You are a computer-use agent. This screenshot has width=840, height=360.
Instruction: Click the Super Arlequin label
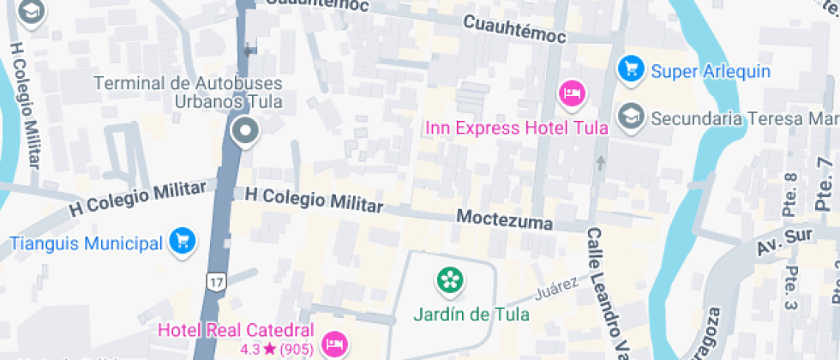[711, 71]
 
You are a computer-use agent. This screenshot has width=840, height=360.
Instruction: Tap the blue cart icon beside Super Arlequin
[631, 69]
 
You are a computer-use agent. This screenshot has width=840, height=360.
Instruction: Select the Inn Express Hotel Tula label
[517, 129]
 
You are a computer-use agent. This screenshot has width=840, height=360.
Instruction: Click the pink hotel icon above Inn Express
[572, 93]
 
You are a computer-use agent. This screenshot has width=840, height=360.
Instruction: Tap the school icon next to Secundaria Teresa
[632, 117]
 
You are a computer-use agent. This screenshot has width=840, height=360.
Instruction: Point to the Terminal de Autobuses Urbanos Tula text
[188, 93]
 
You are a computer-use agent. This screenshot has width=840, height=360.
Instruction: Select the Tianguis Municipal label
[86, 243]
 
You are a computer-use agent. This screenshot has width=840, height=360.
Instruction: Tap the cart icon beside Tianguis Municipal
[182, 241]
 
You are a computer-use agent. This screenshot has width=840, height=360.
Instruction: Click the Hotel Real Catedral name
[237, 330]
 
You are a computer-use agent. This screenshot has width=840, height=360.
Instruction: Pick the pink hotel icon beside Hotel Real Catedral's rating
[333, 345]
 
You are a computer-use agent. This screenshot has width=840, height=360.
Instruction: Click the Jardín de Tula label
[471, 314]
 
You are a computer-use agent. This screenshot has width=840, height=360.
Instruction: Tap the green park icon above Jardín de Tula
[448, 279]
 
